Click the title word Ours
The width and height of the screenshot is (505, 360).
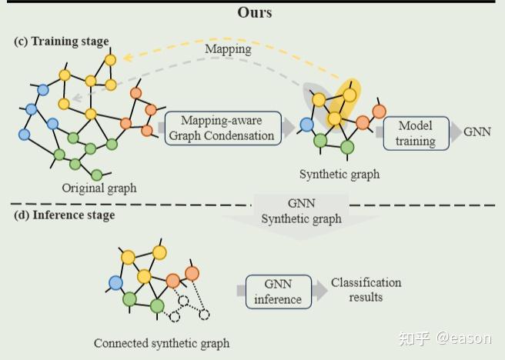tap(254, 12)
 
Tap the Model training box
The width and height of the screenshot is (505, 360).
tap(415, 133)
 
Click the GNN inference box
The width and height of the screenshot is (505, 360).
tap(279, 292)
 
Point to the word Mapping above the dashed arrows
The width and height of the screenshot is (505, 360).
tap(228, 48)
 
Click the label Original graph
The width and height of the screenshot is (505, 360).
tap(99, 188)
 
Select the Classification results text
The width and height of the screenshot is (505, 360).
tap(366, 290)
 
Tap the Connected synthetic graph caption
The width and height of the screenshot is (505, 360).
tap(162, 343)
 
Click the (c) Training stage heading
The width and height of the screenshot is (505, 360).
tap(62, 41)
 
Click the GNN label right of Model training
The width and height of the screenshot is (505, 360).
tap(477, 132)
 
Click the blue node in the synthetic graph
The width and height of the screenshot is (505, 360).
tap(307, 124)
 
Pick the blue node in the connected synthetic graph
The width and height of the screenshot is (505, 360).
tap(115, 283)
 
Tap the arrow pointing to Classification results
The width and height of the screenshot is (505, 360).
tap(319, 292)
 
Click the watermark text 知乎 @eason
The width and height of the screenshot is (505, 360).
tap(447, 337)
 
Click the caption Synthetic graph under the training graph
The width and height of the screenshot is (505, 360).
tap(339, 174)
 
